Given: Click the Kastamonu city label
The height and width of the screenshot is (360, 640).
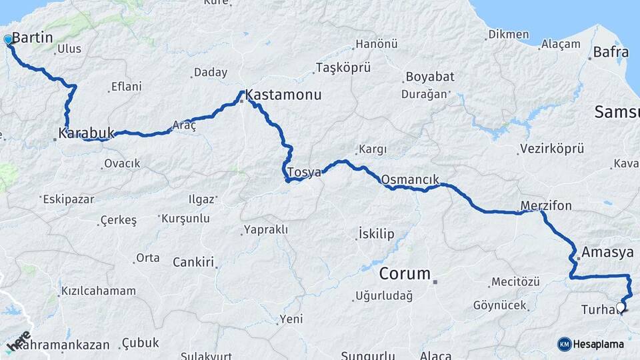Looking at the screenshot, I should (x=283, y=96).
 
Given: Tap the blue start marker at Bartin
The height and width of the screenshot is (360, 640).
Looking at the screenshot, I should (x=8, y=40).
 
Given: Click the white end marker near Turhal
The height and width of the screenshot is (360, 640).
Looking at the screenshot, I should (x=621, y=307).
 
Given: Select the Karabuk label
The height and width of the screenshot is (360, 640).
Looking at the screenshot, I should (x=87, y=133).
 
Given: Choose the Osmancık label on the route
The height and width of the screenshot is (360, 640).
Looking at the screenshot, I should (x=410, y=180).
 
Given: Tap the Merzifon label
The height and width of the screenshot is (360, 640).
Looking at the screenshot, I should (x=546, y=205).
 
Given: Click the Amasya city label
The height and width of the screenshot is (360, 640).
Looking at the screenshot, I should (x=607, y=252).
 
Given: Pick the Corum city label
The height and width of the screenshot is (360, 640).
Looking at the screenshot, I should (x=405, y=273).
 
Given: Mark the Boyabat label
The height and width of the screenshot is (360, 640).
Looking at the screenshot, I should (x=425, y=77).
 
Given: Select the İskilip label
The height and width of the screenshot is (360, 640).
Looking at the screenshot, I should (x=377, y=233).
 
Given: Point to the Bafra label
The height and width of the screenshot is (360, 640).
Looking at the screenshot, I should (x=610, y=51).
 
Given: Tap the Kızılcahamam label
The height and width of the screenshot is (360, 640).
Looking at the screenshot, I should (x=98, y=291).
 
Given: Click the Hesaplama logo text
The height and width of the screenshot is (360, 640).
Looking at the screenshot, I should (x=599, y=344).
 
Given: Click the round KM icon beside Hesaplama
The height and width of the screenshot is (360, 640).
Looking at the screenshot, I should (x=565, y=344).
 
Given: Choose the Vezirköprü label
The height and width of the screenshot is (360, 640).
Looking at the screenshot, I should (x=552, y=149).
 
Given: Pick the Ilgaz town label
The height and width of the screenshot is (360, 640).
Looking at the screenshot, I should (x=201, y=199).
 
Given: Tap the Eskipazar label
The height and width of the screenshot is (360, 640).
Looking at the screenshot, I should (x=69, y=199).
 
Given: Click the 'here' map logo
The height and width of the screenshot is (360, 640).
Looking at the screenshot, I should (x=18, y=341).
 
